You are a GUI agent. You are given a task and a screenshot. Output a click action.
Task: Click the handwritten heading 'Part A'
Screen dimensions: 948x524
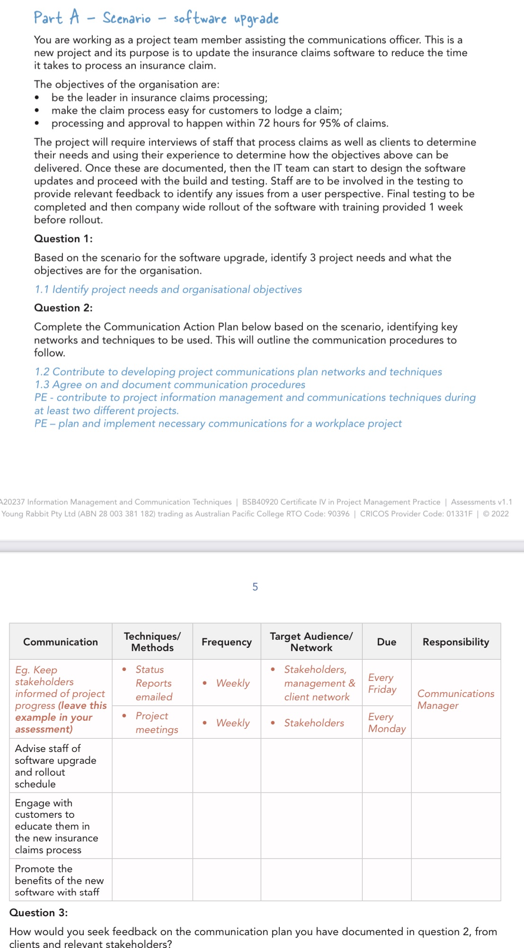(x=56, y=18)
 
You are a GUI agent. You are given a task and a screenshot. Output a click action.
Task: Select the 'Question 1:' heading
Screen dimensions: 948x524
(x=63, y=239)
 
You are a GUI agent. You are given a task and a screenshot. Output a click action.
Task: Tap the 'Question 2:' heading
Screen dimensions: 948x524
(x=63, y=308)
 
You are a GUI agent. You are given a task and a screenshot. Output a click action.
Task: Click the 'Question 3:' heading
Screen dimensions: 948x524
(x=39, y=912)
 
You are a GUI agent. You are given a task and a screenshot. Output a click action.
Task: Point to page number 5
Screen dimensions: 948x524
(x=255, y=587)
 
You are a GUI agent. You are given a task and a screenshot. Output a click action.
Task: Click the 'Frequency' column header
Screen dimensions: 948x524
(x=226, y=642)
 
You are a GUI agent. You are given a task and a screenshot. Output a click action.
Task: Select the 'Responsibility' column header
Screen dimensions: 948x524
(x=455, y=642)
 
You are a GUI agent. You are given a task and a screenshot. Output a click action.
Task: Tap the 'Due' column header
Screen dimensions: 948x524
(x=386, y=642)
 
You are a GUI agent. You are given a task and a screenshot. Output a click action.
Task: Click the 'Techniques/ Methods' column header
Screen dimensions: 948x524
(x=152, y=642)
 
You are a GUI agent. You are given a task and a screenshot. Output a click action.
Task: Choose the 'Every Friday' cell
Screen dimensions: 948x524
(x=382, y=683)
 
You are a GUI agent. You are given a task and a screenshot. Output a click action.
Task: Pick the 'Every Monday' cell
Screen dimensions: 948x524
(x=386, y=723)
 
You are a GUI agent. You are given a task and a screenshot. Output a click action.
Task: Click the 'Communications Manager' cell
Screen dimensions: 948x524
(x=455, y=699)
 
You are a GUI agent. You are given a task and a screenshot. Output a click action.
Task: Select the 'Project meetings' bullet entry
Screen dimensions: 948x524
(x=156, y=723)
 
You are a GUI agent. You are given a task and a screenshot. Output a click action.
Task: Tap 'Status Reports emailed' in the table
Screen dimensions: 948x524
(x=153, y=683)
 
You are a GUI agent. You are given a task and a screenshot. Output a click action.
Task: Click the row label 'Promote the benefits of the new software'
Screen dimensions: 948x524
(x=59, y=880)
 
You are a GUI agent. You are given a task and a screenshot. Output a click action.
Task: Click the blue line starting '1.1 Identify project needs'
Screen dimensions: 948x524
(x=169, y=289)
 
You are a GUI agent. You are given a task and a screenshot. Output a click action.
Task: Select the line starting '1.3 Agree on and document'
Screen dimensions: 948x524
(x=170, y=385)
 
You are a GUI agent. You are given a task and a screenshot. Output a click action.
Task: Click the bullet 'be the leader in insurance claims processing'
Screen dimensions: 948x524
(x=159, y=98)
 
